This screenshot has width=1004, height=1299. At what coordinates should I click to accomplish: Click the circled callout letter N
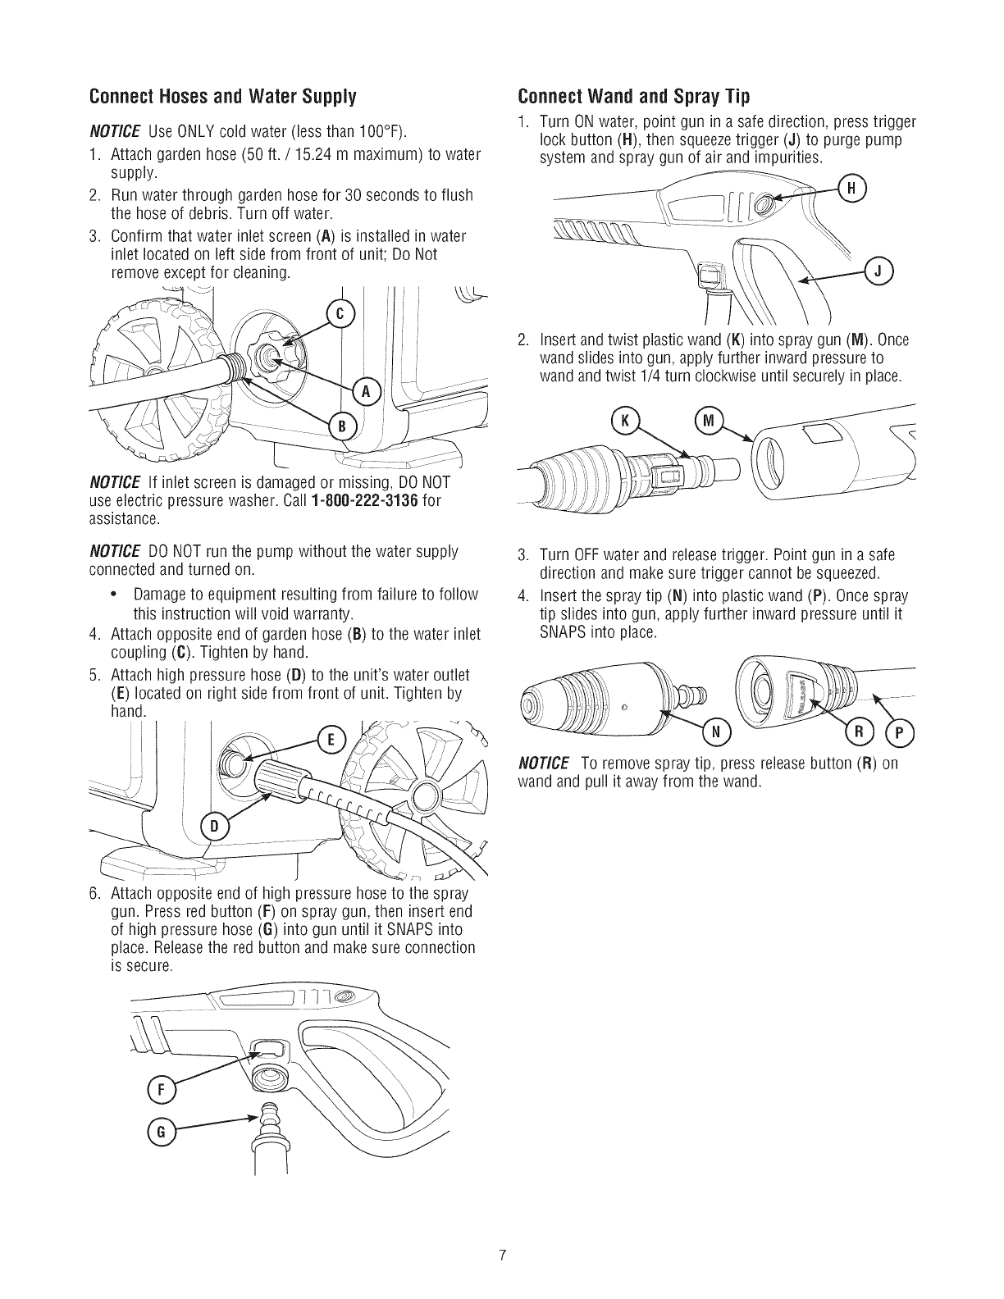(715, 731)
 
